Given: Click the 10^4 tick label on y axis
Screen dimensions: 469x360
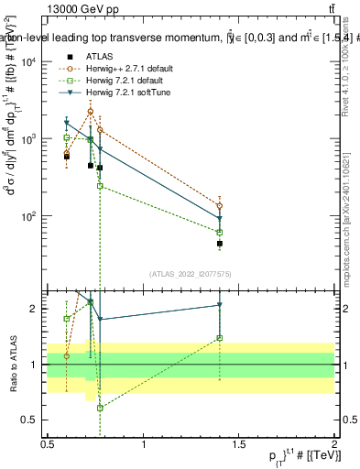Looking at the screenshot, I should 27,61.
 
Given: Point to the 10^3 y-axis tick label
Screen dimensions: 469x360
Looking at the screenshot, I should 27,139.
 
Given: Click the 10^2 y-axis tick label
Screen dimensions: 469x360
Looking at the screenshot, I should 27,217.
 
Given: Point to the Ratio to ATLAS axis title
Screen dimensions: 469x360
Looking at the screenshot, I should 12,365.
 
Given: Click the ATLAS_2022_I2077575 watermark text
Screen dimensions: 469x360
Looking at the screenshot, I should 190,274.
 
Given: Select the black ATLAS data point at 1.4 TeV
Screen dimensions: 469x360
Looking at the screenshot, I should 220,244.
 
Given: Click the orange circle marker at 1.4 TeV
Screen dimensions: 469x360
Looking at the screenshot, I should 220,205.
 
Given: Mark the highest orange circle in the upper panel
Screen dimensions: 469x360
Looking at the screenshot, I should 90,112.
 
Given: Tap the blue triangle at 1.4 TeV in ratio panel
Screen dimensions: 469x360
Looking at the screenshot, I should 220,305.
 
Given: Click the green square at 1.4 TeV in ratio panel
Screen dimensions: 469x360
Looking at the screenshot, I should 220,337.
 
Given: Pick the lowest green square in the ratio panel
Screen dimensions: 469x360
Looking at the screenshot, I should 100,408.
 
